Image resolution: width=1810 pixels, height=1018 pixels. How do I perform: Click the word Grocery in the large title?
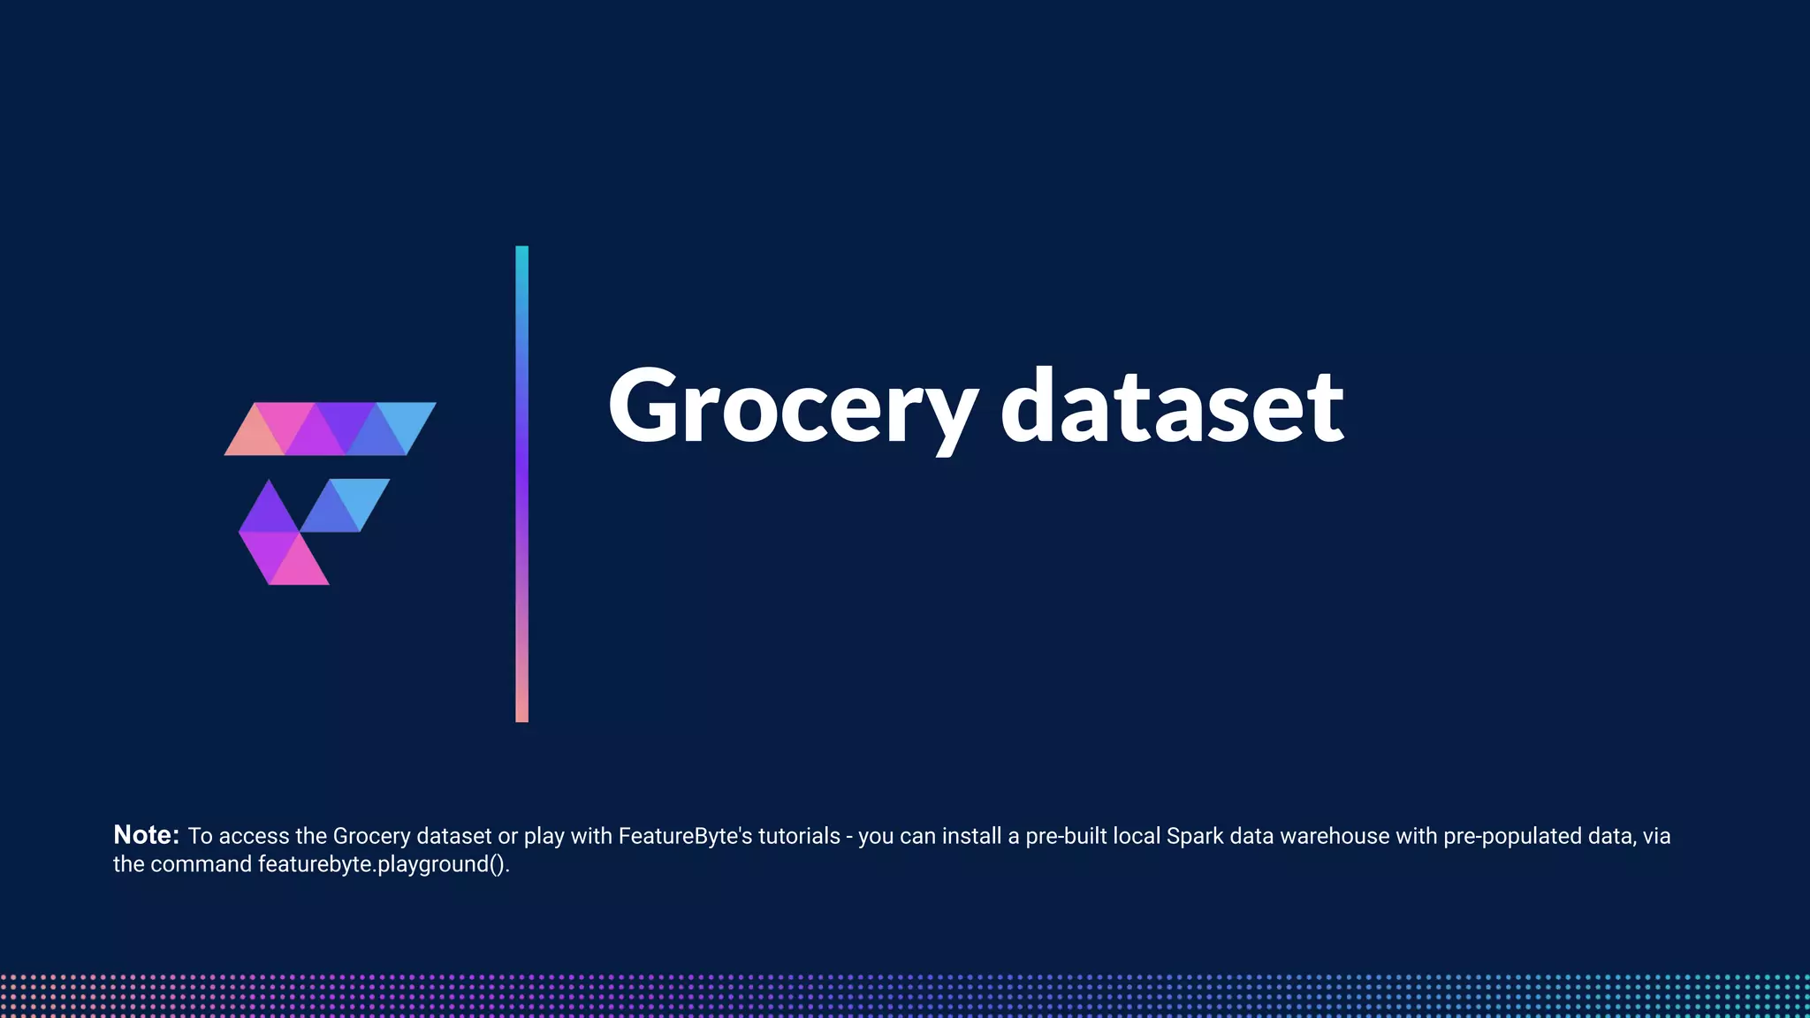[793, 407]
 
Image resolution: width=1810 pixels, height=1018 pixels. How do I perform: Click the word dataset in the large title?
[1172, 407]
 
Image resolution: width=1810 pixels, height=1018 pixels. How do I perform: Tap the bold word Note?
[147, 835]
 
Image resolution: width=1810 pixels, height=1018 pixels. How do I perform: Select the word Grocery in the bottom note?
[371, 836]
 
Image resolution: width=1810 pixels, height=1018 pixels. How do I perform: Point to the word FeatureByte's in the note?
[685, 836]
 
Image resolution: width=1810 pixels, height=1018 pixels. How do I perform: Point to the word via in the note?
[1656, 836]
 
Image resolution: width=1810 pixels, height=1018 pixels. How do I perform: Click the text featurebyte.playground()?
[384, 864]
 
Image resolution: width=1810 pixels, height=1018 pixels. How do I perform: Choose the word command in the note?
[202, 864]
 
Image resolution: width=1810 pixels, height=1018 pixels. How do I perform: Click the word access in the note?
[254, 836]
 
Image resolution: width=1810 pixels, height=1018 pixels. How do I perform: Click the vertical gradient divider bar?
[521, 483]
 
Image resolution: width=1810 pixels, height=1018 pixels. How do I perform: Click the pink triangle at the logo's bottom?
[299, 567]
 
